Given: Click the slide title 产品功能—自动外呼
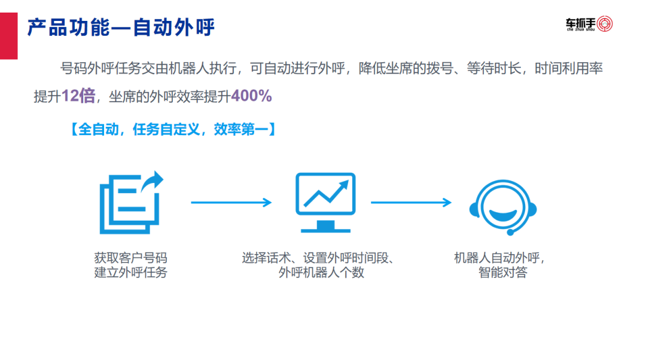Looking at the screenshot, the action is point(120,28).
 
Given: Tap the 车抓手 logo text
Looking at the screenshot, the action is point(580,23).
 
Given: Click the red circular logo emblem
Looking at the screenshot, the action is point(604,24).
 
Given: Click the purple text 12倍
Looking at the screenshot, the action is point(78,96).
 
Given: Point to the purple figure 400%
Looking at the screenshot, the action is point(251,96).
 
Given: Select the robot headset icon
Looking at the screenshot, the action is point(502,206).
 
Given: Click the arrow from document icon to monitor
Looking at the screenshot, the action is point(231,203).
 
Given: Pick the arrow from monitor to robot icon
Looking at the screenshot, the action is point(411,203).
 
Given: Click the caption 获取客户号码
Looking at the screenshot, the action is point(130,258).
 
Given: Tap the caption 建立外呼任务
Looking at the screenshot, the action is point(130,273).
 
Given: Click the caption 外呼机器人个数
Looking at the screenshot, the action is point(321,273).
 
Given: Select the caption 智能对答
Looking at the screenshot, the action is point(502,273).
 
